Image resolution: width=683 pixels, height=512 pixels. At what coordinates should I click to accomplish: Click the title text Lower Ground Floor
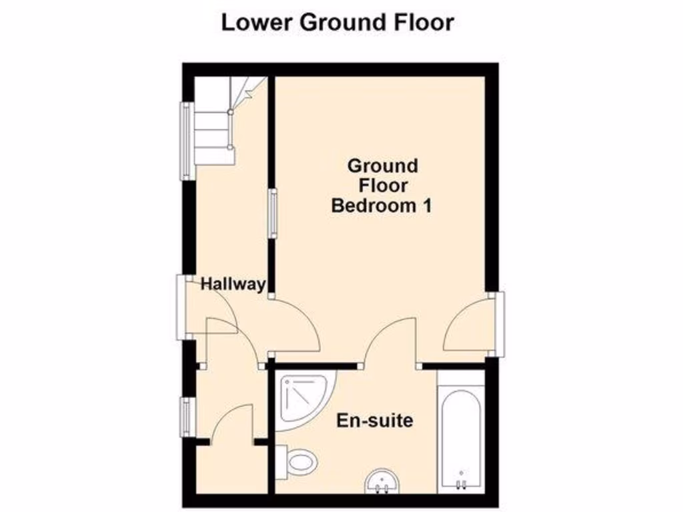tap(337, 23)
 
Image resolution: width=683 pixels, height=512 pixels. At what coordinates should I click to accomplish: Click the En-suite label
tap(374, 421)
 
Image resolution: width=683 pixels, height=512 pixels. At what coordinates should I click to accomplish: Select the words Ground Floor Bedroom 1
tap(382, 185)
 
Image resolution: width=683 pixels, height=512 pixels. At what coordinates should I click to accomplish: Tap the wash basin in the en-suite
tap(382, 481)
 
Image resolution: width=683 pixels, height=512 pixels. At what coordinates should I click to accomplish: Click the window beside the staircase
tap(184, 140)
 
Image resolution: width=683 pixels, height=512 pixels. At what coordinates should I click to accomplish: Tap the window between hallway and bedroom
tap(272, 212)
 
